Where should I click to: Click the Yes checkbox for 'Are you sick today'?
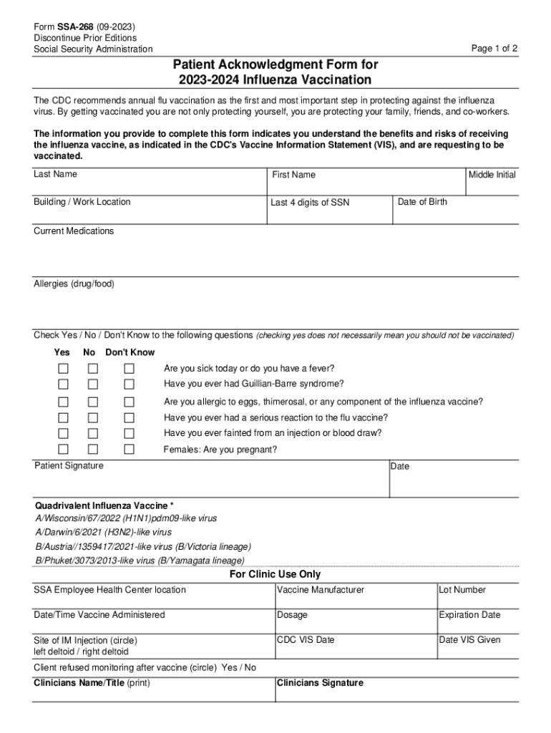[64, 369]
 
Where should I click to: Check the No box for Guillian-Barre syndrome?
[93, 384]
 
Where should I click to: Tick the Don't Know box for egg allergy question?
[129, 402]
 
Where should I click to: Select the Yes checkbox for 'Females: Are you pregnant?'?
[64, 450]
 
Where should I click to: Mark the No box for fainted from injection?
[93, 433]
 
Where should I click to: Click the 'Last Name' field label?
[55, 174]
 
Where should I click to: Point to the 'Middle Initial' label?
[492, 175]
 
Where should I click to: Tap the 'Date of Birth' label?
[422, 202]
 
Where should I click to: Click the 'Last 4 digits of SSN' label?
[310, 203]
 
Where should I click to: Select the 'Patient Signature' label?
[69, 466]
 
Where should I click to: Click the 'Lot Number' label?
[462, 590]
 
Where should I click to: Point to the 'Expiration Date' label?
[469, 615]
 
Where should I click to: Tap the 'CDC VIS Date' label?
[306, 640]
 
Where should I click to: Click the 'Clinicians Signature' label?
[320, 683]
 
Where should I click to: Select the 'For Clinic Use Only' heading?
[275, 574]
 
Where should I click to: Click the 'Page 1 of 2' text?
[494, 49]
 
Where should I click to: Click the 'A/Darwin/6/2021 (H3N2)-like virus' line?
[103, 532]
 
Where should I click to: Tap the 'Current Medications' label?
[74, 231]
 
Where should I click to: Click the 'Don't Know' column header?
[130, 352]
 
